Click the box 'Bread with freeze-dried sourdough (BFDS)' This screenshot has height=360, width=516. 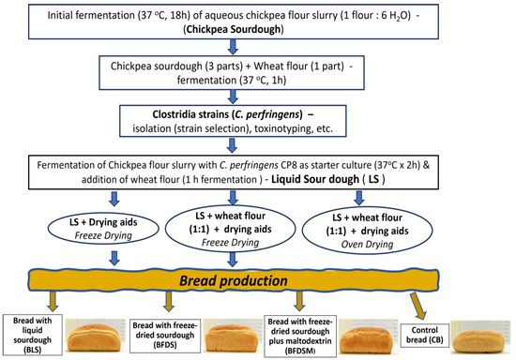click(x=168, y=333)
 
